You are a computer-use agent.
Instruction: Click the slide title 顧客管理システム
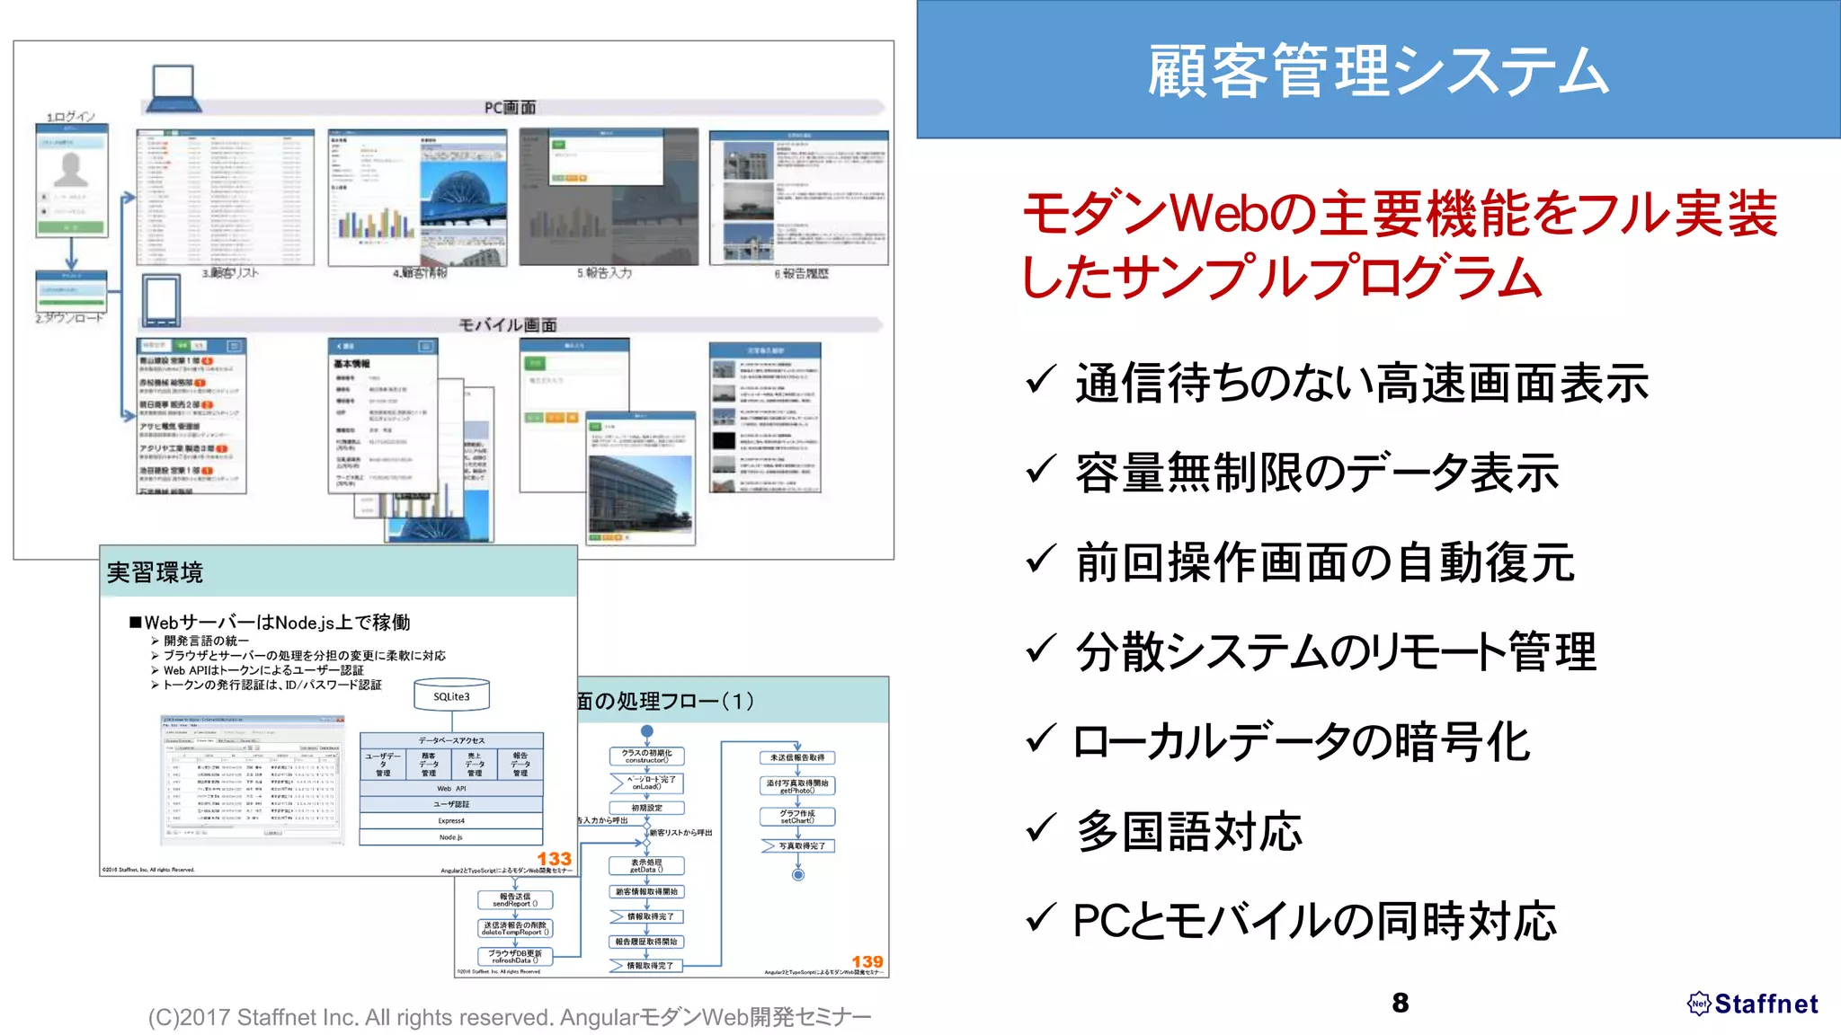1377,70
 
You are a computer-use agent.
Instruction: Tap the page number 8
1400,1003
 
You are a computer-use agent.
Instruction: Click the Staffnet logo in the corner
1753,1004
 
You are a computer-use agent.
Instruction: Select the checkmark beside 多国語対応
1040,827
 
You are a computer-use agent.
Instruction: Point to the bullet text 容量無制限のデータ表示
1317,473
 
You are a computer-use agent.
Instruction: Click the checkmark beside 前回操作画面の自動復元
1040,559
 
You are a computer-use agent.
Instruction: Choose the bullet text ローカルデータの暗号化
1302,742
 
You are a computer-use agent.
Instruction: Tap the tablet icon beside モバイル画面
161,300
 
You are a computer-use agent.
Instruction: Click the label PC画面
510,108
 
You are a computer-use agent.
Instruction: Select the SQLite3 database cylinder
451,695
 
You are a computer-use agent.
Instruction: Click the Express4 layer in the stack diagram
451,820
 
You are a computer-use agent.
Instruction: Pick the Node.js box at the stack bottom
451,837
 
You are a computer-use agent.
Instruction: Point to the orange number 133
554,859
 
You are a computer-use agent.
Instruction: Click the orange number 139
867,961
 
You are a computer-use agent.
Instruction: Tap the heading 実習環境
155,572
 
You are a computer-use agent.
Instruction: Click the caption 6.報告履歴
801,273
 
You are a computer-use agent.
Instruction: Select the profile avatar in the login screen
71,169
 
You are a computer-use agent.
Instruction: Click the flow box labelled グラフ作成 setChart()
797,817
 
